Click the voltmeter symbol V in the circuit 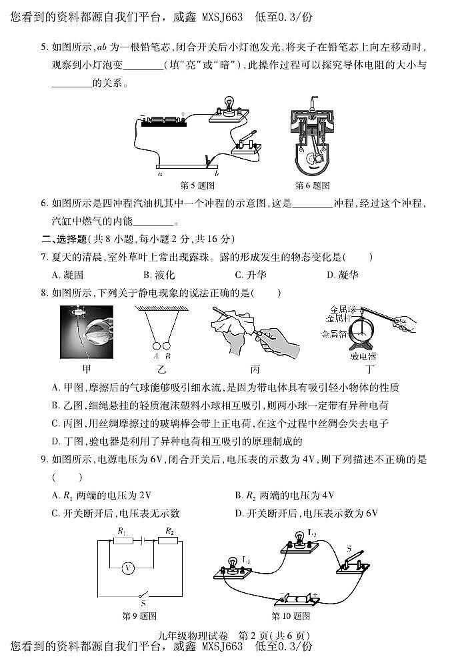[129, 568]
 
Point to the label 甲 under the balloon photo [85, 368]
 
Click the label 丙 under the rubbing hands [254, 368]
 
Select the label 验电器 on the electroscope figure [363, 357]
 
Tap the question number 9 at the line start [44, 460]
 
